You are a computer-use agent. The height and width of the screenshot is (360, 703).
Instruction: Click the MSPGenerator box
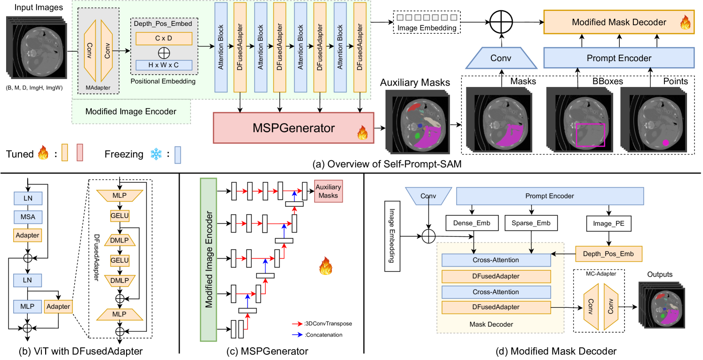coord(294,127)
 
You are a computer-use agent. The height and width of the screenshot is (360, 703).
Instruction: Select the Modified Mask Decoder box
coord(619,22)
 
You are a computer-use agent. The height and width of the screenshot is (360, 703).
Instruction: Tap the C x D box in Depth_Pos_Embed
coord(164,38)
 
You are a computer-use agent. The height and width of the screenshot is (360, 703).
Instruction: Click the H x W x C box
coord(164,65)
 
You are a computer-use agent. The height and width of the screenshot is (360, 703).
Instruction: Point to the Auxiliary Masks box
coord(328,191)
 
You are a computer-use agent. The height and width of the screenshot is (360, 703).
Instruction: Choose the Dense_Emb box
coord(472,223)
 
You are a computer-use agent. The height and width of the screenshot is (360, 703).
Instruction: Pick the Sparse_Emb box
coord(531,223)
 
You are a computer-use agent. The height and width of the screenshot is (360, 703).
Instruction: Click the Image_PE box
coord(608,224)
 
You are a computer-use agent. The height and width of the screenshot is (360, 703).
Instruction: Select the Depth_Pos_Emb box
coord(608,254)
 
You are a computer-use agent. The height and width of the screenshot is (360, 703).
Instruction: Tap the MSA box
coord(28,217)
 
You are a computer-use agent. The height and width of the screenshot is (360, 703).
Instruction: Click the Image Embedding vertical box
coord(392,236)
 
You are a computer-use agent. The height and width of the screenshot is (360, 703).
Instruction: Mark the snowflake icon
coord(156,154)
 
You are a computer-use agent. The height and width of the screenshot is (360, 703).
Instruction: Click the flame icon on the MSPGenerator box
coord(363,133)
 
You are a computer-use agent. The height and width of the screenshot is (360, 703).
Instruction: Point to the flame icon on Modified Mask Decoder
coord(685,23)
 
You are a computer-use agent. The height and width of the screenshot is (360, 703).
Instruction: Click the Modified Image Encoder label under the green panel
coord(131,112)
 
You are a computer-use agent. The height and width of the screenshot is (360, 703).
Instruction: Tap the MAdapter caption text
coord(98,87)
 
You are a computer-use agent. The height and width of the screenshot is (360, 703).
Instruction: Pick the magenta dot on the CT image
coord(665,142)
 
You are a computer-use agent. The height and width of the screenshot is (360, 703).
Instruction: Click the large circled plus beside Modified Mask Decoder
coord(501,22)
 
